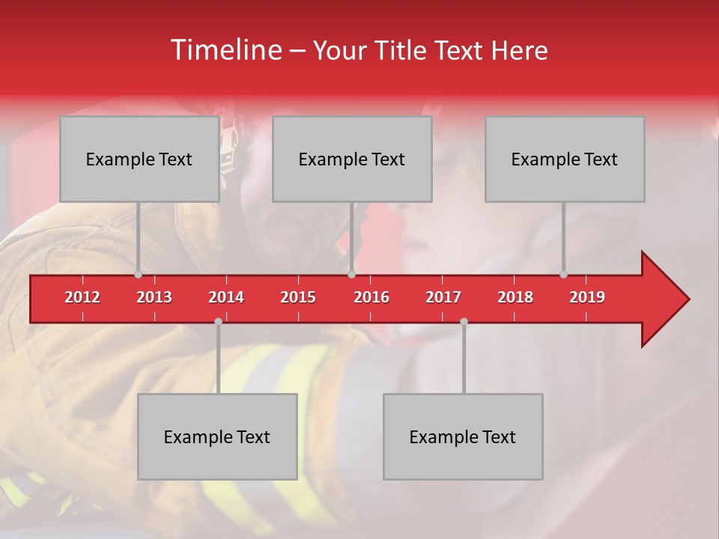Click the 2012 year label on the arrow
82,297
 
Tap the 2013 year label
154,297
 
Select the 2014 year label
226,297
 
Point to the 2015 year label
298,297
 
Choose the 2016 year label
371,297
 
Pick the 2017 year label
443,297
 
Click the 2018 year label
515,297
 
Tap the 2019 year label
587,297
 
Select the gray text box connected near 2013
139,159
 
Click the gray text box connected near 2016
352,159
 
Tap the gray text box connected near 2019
565,159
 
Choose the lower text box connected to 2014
217,436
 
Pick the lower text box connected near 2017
463,436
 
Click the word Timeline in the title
225,50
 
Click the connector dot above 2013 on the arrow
138,275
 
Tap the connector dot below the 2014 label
218,321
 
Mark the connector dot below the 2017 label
464,321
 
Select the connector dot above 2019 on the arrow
563,275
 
